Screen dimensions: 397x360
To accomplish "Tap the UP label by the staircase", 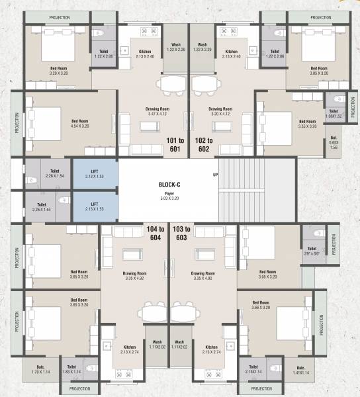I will (215, 175).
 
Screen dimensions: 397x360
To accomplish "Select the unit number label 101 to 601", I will (175, 144).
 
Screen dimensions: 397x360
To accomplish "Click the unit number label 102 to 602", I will (203, 144).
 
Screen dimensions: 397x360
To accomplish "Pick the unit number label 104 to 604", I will (156, 232).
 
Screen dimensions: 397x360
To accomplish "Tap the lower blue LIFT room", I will (95, 206).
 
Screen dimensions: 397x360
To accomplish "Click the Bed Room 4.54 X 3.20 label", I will (80, 124).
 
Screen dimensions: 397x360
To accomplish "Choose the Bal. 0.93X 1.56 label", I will (334, 144).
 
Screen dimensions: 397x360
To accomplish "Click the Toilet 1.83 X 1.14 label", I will (72, 370).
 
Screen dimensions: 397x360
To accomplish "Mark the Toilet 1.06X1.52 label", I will (333, 114).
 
